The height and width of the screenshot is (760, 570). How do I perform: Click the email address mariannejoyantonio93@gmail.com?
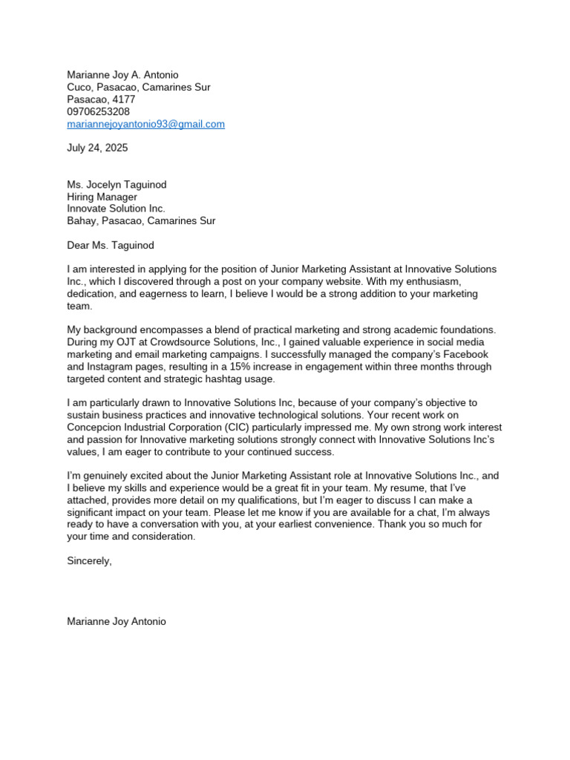point(145,124)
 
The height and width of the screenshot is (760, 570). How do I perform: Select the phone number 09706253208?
point(98,111)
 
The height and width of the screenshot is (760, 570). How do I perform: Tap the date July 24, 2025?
point(97,148)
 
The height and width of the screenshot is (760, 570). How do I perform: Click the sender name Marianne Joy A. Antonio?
point(122,75)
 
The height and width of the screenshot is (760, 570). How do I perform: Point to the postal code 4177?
point(122,99)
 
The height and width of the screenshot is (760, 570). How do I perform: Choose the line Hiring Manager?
point(102,197)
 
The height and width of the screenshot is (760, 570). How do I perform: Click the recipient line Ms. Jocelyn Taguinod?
point(117,185)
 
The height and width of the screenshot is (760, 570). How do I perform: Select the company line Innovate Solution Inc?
point(116,209)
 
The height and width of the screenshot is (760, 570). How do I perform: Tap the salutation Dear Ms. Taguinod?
point(110,245)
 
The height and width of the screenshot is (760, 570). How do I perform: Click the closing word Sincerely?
point(89,561)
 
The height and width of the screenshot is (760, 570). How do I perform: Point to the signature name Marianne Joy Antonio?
point(117,621)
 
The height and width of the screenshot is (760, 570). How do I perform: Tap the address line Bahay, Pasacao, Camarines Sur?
point(141,220)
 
